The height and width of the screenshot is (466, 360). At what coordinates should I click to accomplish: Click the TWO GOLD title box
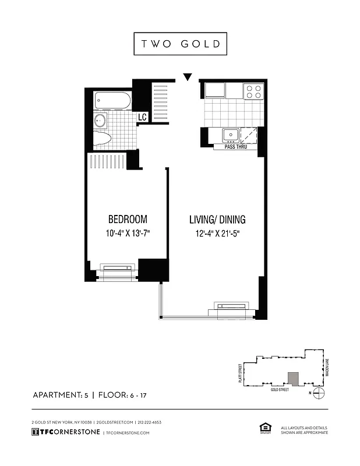click(x=180, y=44)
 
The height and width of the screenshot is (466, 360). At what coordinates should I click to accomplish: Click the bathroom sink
click(x=100, y=121)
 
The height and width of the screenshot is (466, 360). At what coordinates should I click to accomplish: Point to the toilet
click(x=103, y=140)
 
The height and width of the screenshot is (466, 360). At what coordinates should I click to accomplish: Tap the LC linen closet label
click(x=142, y=117)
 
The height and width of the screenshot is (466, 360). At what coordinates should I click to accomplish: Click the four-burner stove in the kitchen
click(x=253, y=91)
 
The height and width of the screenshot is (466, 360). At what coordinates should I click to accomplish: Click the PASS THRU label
click(x=235, y=147)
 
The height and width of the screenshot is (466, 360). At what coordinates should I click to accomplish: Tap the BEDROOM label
click(x=128, y=220)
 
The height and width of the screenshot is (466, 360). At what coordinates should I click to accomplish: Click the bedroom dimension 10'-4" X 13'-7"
click(x=128, y=234)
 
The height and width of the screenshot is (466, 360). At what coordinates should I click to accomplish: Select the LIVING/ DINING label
click(x=217, y=220)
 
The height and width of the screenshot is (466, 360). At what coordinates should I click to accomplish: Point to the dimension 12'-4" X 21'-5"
click(x=217, y=234)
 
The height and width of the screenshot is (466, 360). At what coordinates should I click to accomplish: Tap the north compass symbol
click(x=318, y=393)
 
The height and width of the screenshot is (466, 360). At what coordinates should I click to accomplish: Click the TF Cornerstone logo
click(x=65, y=432)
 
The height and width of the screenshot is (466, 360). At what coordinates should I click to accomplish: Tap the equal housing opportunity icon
click(x=263, y=429)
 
